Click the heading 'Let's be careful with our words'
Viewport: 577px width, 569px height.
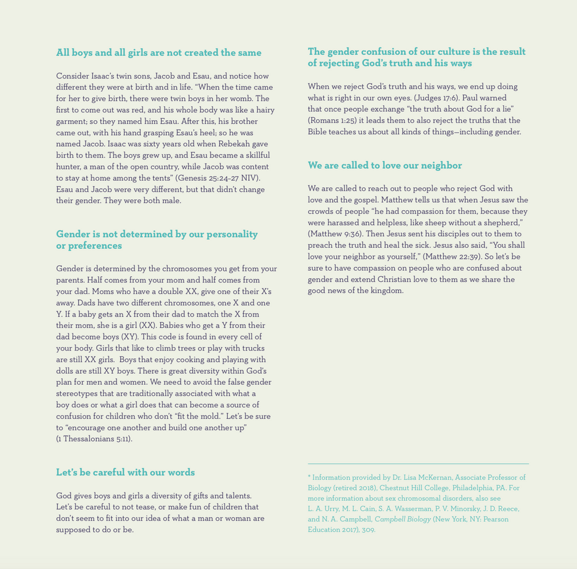click(125, 473)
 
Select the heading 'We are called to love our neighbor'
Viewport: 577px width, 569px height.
click(385, 166)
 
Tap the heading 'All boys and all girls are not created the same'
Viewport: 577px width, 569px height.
click(159, 53)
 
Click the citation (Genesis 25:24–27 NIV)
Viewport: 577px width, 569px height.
click(218, 178)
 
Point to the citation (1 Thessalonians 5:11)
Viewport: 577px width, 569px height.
click(94, 438)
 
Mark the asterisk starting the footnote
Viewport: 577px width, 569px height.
click(309, 478)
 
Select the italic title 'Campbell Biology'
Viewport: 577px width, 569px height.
click(403, 519)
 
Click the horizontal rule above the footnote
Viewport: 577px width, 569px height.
click(418, 463)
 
